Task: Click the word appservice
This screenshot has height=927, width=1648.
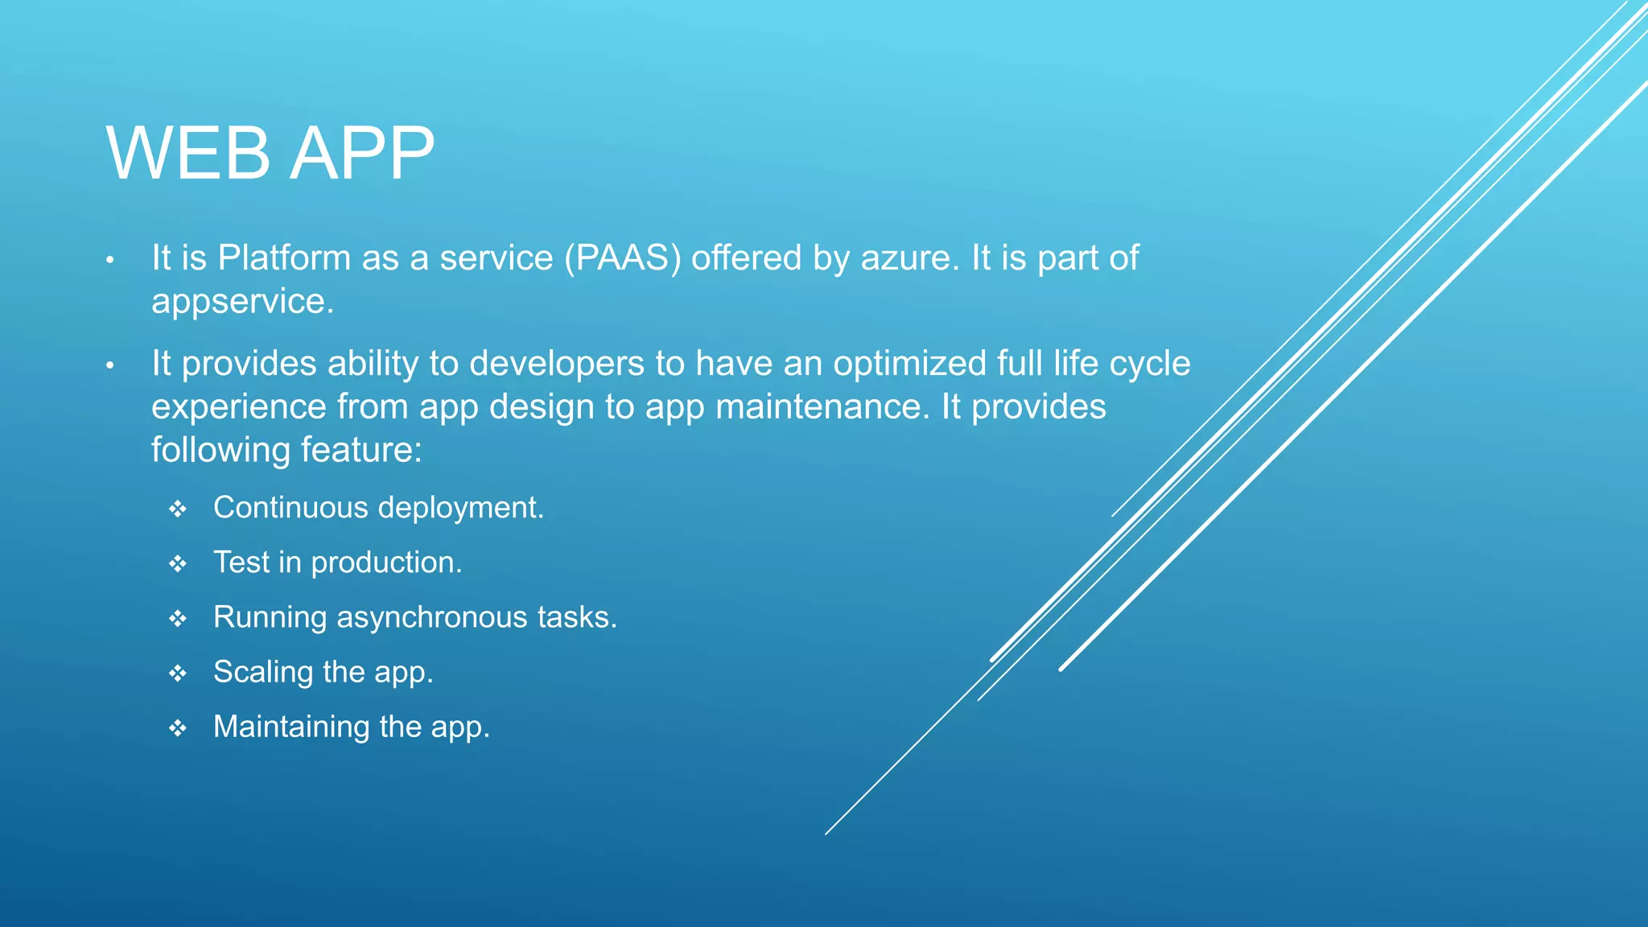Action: point(242,302)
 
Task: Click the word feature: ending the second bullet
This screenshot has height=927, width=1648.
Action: point(361,450)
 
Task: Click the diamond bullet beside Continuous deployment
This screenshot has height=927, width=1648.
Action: point(178,509)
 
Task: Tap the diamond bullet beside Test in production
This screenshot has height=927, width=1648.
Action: point(178,564)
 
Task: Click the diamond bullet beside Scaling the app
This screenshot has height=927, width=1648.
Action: point(178,674)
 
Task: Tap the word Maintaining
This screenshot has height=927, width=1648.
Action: point(291,727)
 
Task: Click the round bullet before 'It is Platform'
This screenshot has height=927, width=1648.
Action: point(111,261)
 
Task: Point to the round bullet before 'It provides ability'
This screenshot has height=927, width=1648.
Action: point(111,366)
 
